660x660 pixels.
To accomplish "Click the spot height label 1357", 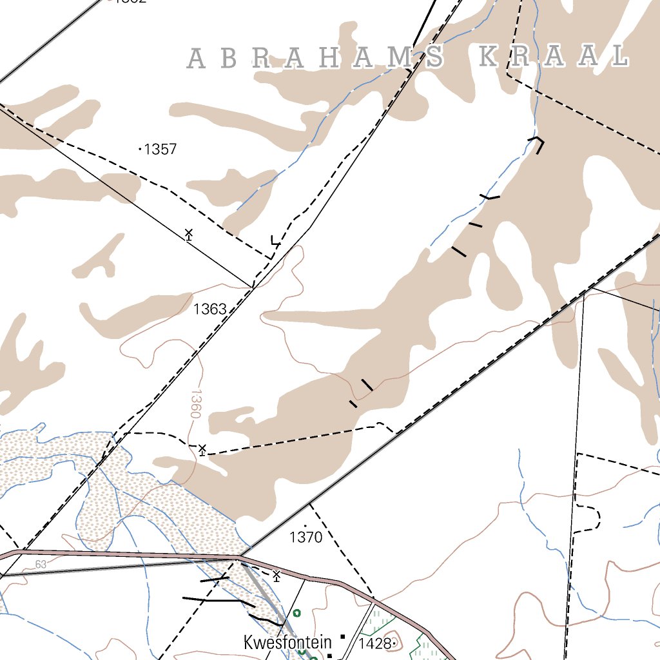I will point(160,150).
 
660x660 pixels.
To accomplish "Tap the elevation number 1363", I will point(210,309).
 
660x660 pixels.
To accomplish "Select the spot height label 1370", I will point(306,537).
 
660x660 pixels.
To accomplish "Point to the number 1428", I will point(375,643).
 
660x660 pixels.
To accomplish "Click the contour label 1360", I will point(196,403).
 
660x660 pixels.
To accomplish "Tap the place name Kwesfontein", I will point(287,643).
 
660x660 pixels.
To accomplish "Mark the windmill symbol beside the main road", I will point(277,575).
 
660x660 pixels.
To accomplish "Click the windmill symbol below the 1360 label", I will point(202,449).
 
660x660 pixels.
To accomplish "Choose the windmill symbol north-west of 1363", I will point(188,234).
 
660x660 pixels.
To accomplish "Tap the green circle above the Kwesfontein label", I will point(296,613).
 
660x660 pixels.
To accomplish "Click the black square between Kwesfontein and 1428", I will point(343,637).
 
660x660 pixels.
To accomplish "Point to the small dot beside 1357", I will point(141,149).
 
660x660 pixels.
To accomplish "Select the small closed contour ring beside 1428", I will point(394,643).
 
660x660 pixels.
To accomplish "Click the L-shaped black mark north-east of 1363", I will point(275,242).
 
